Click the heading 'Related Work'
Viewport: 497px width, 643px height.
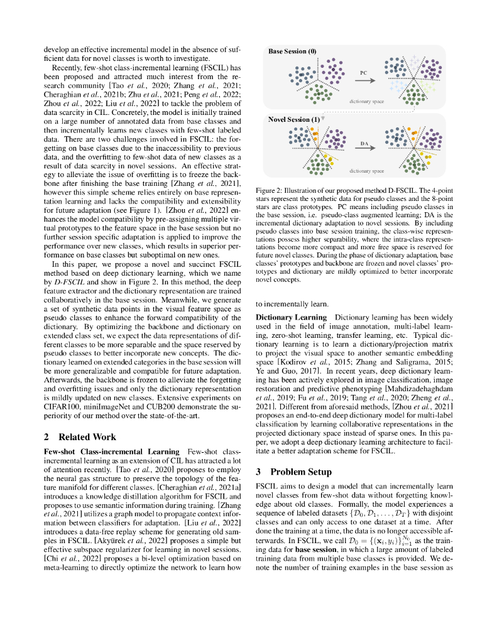coord(87,437)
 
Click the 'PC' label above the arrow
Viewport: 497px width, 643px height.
coord(363,73)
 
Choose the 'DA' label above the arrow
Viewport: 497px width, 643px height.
coord(364,144)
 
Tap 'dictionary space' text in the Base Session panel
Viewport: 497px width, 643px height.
coord(366,100)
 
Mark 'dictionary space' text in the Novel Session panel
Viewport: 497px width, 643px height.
coord(366,171)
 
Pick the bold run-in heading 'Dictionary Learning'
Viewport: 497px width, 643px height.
coord(291,317)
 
